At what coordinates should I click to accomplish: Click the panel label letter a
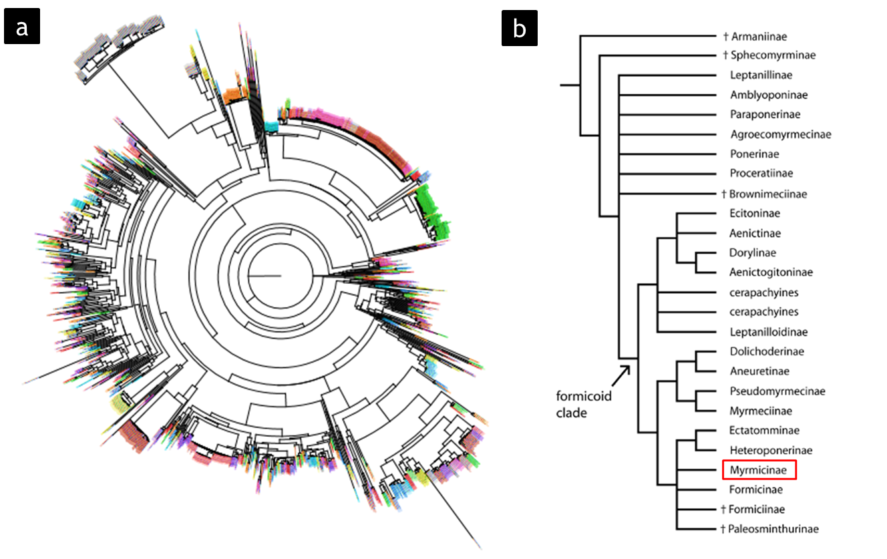click(23, 29)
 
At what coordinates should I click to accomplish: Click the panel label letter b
click(520, 29)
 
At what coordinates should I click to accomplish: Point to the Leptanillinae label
click(760, 75)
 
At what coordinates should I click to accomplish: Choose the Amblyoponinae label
click(765, 95)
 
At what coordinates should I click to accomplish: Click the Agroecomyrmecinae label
click(779, 134)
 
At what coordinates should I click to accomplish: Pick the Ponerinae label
click(754, 154)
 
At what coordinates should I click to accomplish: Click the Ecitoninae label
click(755, 214)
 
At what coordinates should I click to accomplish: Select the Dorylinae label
click(753, 253)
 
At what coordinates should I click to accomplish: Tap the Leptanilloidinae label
click(768, 332)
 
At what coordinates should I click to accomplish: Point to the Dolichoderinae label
click(766, 352)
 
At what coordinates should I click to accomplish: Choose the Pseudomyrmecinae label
click(777, 391)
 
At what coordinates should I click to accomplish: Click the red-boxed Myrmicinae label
click(759, 471)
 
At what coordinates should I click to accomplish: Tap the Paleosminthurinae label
click(773, 530)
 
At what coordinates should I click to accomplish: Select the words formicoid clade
click(584, 403)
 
